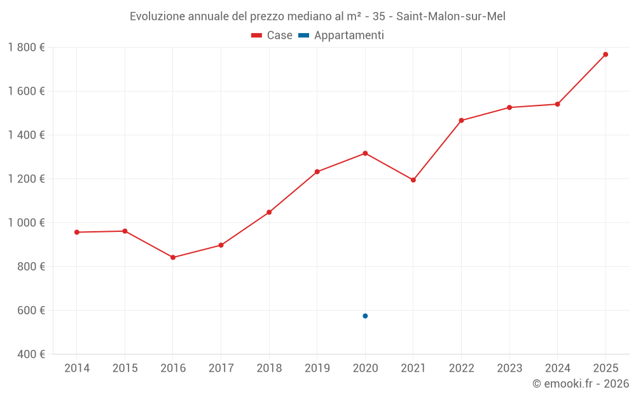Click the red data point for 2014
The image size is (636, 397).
point(77,232)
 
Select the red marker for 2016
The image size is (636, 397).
point(173,257)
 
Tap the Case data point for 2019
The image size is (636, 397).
point(317,172)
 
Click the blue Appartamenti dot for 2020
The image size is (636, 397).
point(365,316)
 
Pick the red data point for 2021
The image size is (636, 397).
point(413,180)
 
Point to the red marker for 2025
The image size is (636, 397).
point(605,55)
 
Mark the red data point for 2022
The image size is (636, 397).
point(461,121)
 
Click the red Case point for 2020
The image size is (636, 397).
point(365,153)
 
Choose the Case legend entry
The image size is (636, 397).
point(272,36)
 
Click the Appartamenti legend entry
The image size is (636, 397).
point(342,36)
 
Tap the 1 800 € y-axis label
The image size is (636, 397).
point(27,48)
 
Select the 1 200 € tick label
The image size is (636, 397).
point(27,179)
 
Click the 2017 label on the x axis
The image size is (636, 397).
point(221,368)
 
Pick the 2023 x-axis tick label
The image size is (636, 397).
point(509,368)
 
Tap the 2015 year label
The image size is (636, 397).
point(125,368)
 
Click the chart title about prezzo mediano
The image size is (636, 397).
point(317,17)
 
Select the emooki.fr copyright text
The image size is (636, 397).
point(581,384)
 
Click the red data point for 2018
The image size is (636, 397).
point(269,212)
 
